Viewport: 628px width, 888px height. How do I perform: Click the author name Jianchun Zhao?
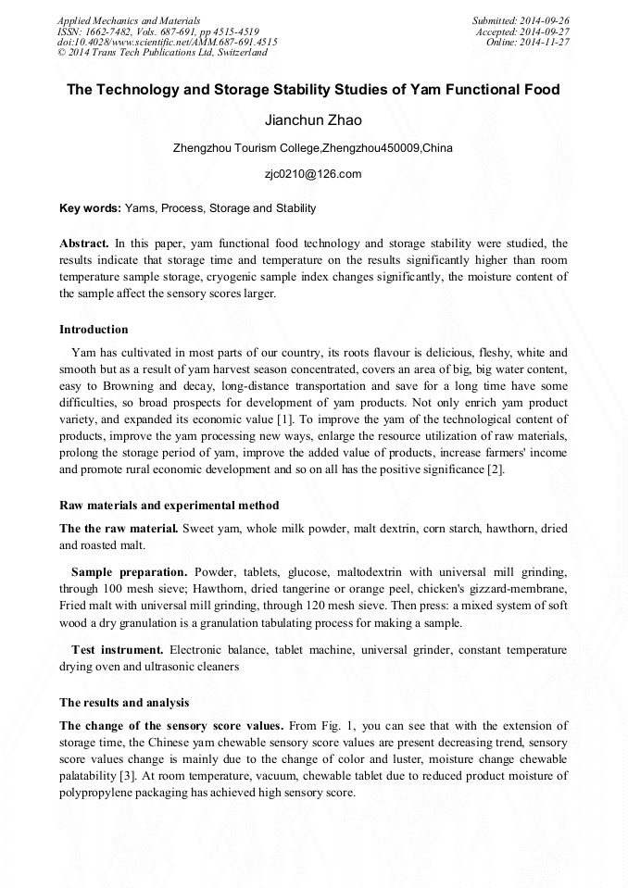(313, 120)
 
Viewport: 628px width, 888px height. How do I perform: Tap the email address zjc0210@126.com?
(313, 174)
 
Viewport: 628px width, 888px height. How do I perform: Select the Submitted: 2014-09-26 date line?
(521, 19)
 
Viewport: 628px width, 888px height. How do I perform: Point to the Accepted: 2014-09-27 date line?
(522, 31)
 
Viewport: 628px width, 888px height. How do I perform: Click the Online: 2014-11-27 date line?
(528, 42)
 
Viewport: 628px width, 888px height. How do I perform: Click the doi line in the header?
(167, 42)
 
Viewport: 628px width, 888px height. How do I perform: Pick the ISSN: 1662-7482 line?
(157, 31)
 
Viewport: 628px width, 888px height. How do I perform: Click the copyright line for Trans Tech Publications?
(163, 53)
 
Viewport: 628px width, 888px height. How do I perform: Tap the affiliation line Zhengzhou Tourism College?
(313, 148)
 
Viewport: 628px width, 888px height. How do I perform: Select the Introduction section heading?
(94, 330)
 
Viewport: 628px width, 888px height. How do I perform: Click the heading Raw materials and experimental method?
(169, 506)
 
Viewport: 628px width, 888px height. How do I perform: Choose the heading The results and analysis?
(124, 703)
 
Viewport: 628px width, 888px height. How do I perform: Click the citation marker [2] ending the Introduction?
(496, 470)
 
